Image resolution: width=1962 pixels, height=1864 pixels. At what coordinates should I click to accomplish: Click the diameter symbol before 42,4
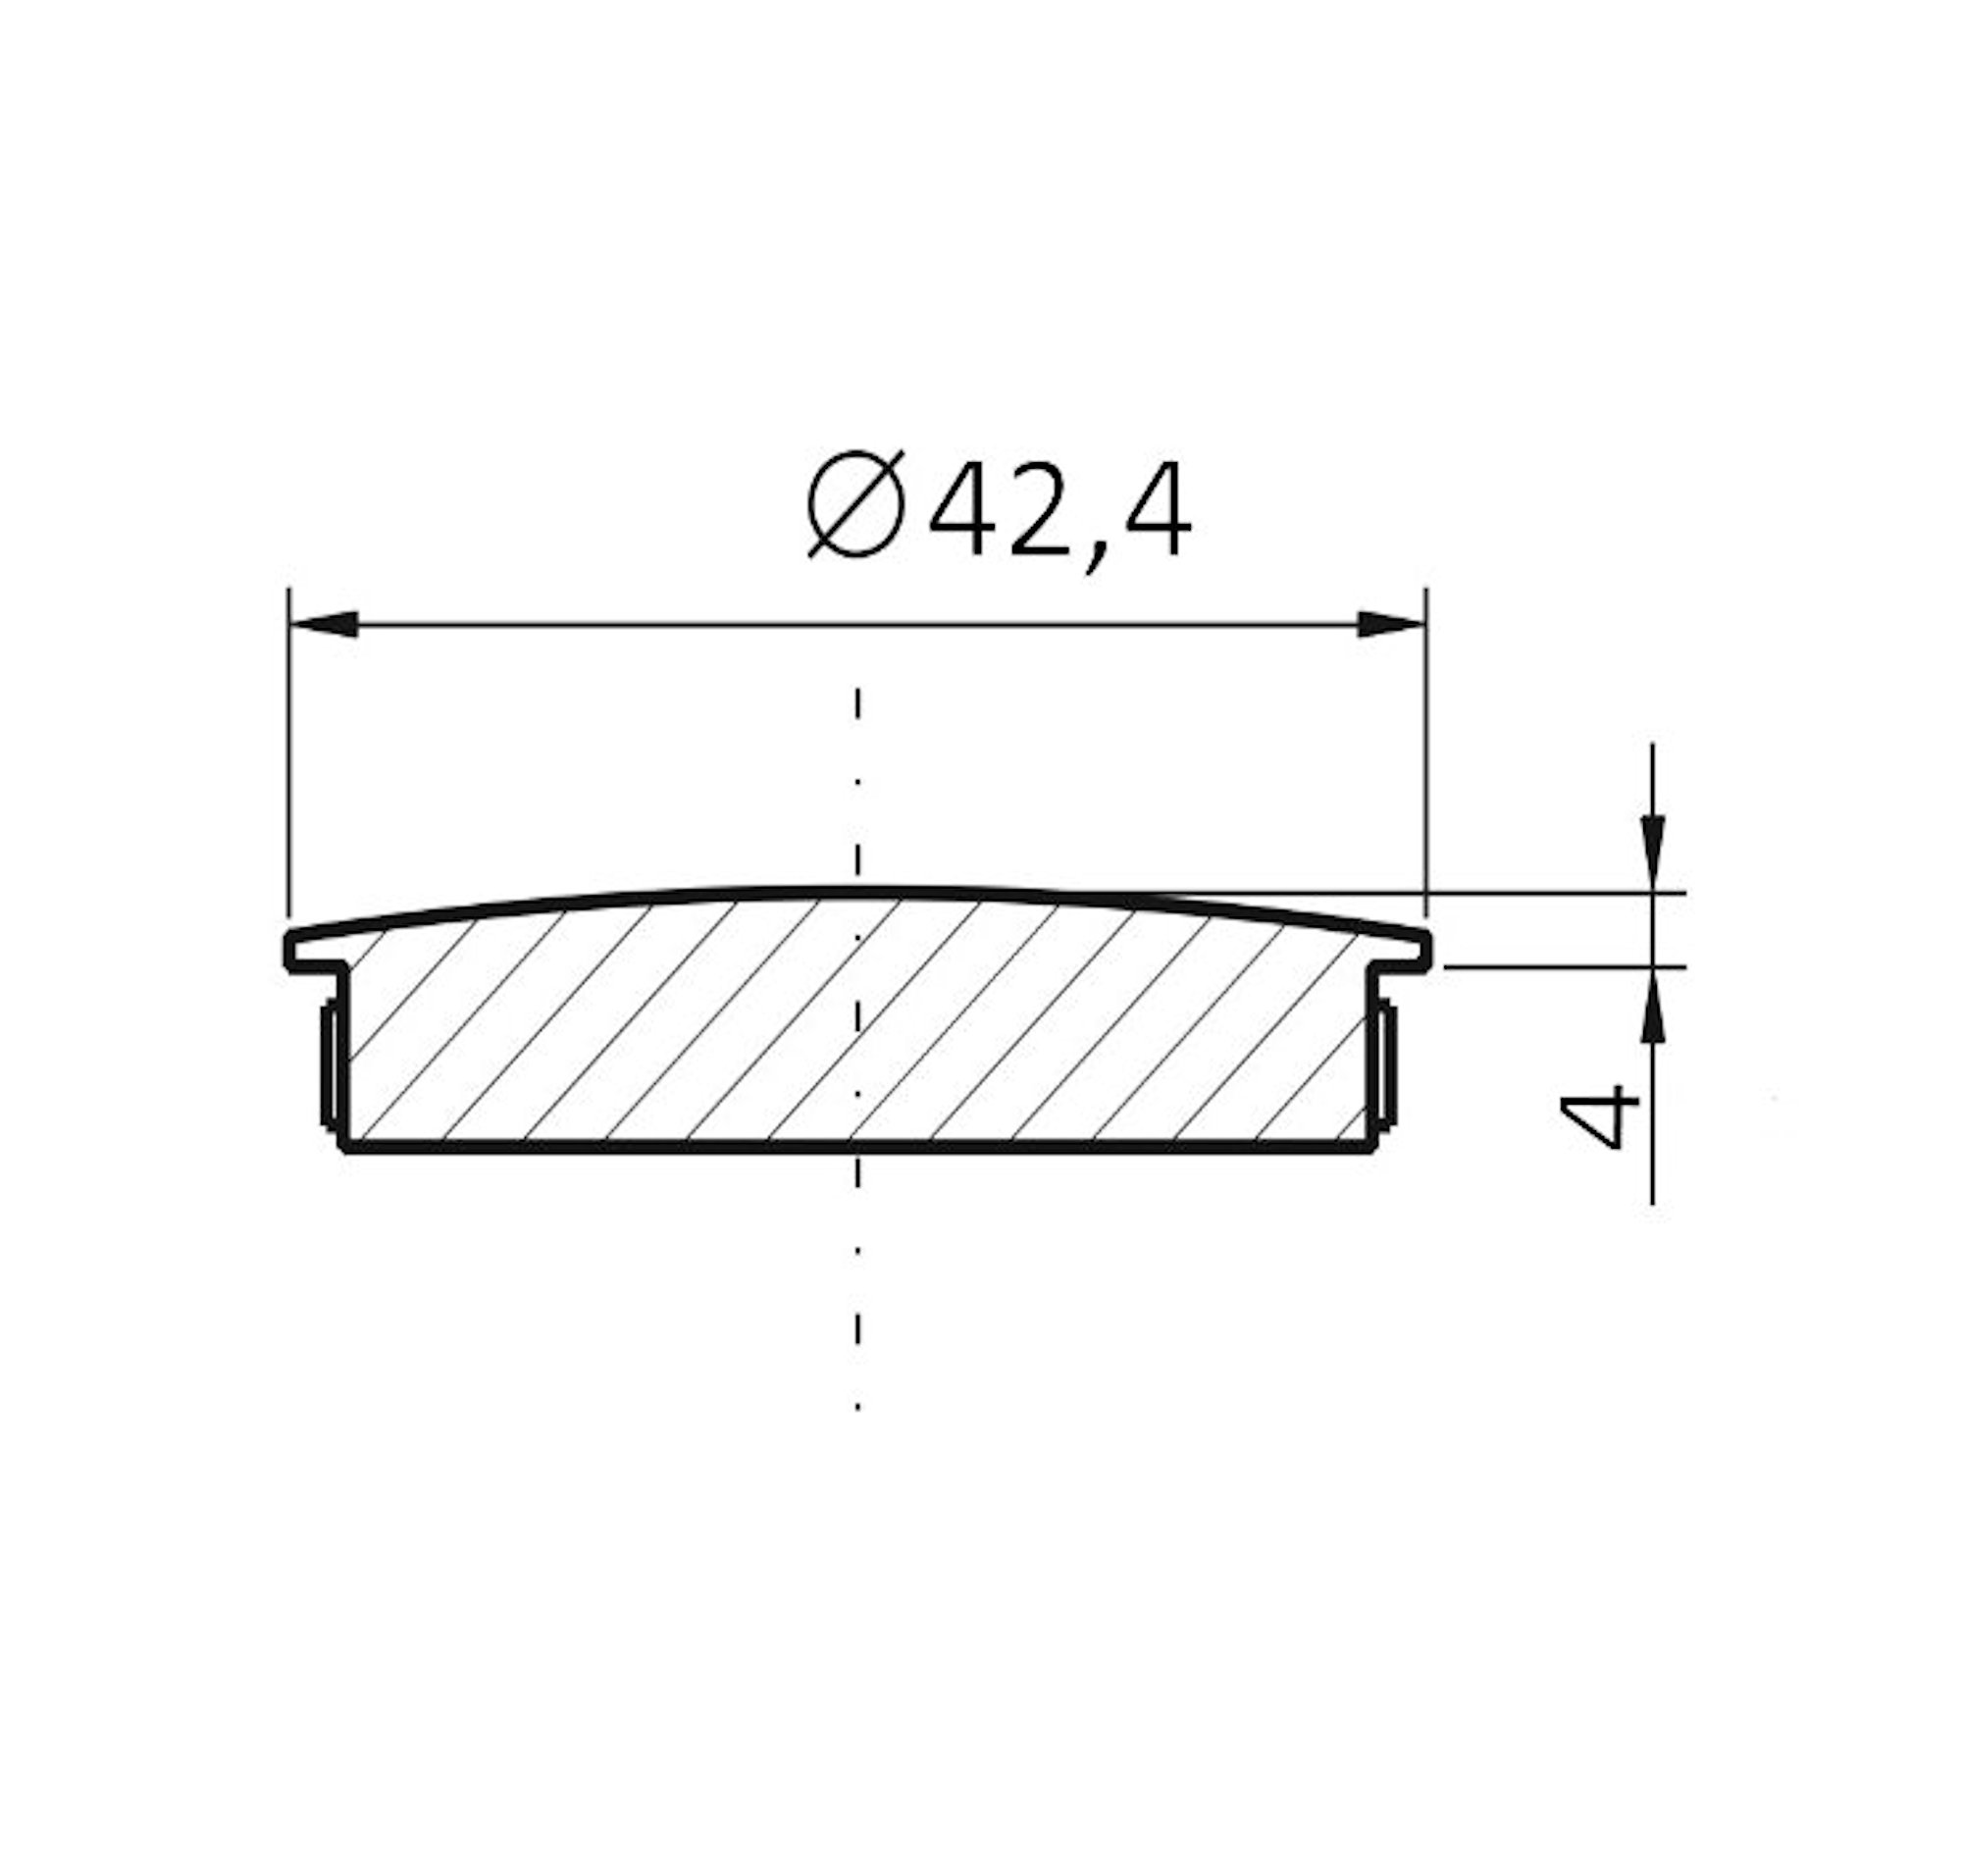855,503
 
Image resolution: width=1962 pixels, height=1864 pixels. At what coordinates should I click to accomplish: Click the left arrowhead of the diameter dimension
324,625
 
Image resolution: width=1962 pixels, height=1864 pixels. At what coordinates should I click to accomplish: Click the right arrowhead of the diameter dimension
1390,625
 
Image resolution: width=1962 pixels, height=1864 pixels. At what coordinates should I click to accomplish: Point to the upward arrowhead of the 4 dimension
1652,1009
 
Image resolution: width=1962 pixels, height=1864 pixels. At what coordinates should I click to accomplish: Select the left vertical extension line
288,755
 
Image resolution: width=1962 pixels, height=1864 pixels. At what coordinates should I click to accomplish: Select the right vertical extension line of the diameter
1425,755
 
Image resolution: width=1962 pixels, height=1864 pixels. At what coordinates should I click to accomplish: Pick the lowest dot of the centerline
856,1406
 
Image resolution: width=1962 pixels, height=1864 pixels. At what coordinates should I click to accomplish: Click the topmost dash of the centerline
856,702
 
